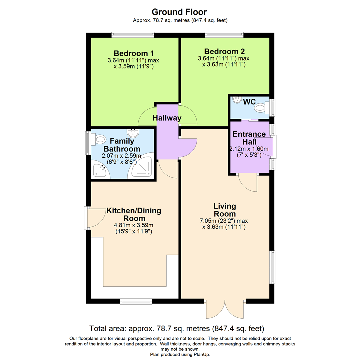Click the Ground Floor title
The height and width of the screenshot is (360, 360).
(x=180, y=12)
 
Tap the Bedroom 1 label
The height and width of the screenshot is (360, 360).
(x=134, y=53)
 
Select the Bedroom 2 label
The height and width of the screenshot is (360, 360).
(x=224, y=52)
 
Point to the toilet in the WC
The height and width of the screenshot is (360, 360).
(x=262, y=108)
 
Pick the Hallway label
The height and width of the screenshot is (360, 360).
(x=167, y=118)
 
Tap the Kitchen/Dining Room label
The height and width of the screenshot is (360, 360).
(x=134, y=215)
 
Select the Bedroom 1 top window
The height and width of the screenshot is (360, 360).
(x=133, y=34)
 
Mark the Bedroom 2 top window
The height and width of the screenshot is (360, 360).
(x=224, y=34)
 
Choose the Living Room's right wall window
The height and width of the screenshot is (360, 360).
(x=272, y=267)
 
